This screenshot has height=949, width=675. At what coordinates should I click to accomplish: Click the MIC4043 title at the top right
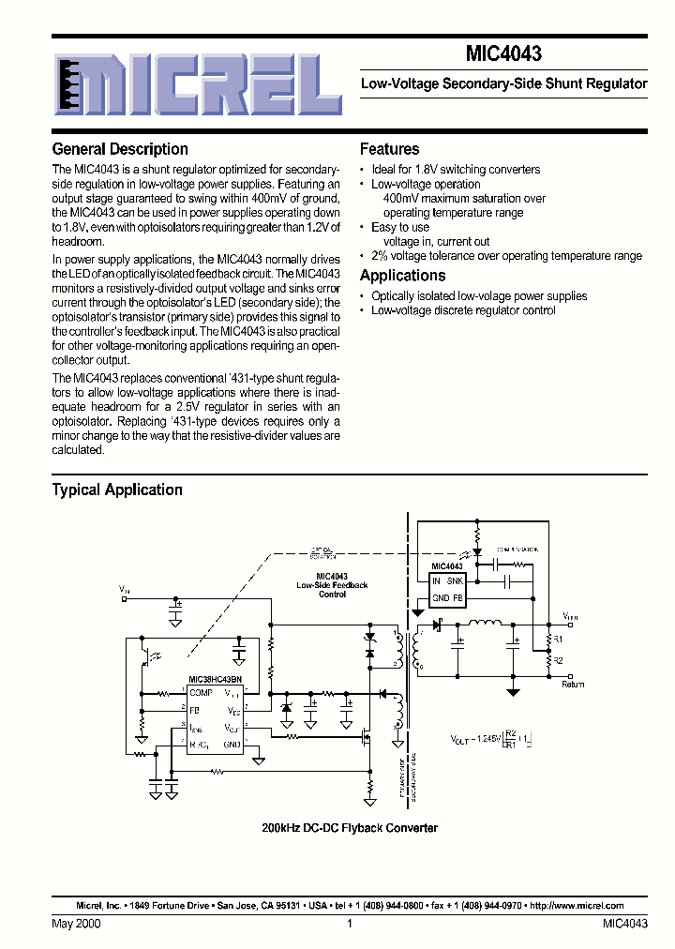[x=502, y=55]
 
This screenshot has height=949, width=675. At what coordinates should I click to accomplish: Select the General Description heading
[x=120, y=149]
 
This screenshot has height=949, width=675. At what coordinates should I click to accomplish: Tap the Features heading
[x=389, y=149]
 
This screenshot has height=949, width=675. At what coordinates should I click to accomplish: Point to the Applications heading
[x=402, y=276]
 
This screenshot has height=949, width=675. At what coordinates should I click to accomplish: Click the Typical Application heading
[x=117, y=490]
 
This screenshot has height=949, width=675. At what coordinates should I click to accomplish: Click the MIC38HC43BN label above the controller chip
[x=215, y=679]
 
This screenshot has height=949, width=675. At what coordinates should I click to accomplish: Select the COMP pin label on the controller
[x=201, y=693]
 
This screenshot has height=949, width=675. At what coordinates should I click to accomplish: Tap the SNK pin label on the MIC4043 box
[x=455, y=581]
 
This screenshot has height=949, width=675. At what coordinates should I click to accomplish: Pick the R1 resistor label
[x=558, y=639]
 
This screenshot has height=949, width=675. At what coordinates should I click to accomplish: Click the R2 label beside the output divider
[x=558, y=661]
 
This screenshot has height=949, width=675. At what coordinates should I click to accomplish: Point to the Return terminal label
[x=573, y=685]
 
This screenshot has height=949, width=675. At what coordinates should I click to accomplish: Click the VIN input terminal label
[x=126, y=589]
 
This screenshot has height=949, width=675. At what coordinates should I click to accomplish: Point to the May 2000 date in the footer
[x=77, y=924]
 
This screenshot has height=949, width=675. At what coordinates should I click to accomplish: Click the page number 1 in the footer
[x=349, y=924]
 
